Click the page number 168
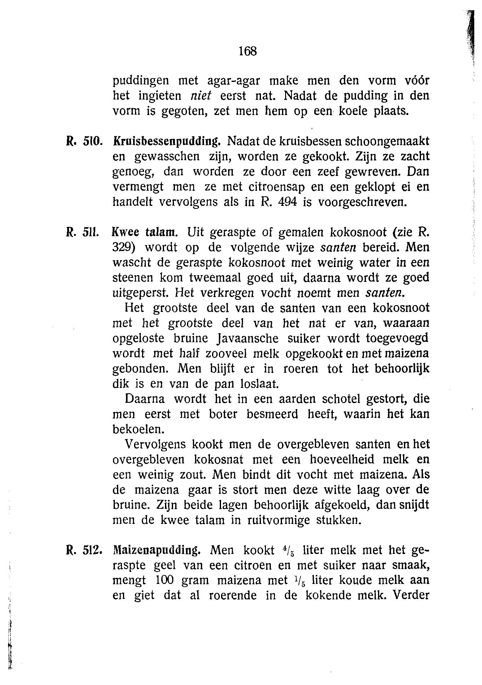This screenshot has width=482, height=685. [248, 51]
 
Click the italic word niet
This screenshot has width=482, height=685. [200, 96]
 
